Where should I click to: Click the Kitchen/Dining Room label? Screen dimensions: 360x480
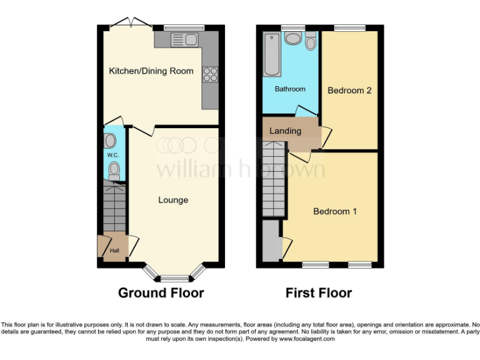(151, 71)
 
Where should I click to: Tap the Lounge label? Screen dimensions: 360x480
(173, 200)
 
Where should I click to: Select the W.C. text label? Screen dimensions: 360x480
(112, 154)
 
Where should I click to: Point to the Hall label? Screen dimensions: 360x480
(114, 251)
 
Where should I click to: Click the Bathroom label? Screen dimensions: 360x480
(291, 89)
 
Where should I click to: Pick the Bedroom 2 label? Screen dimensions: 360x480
(349, 91)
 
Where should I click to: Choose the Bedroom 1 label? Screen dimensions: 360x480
(335, 211)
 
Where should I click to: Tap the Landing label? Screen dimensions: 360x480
(285, 131)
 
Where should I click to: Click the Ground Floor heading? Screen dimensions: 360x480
(161, 292)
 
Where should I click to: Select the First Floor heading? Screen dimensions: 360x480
(318, 292)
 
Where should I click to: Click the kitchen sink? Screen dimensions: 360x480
(186, 41)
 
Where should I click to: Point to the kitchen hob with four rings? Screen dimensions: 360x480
(210, 74)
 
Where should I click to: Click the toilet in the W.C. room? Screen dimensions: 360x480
(114, 169)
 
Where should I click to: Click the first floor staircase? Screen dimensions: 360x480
(273, 178)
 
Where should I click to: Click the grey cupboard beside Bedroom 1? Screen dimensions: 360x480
(271, 241)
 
